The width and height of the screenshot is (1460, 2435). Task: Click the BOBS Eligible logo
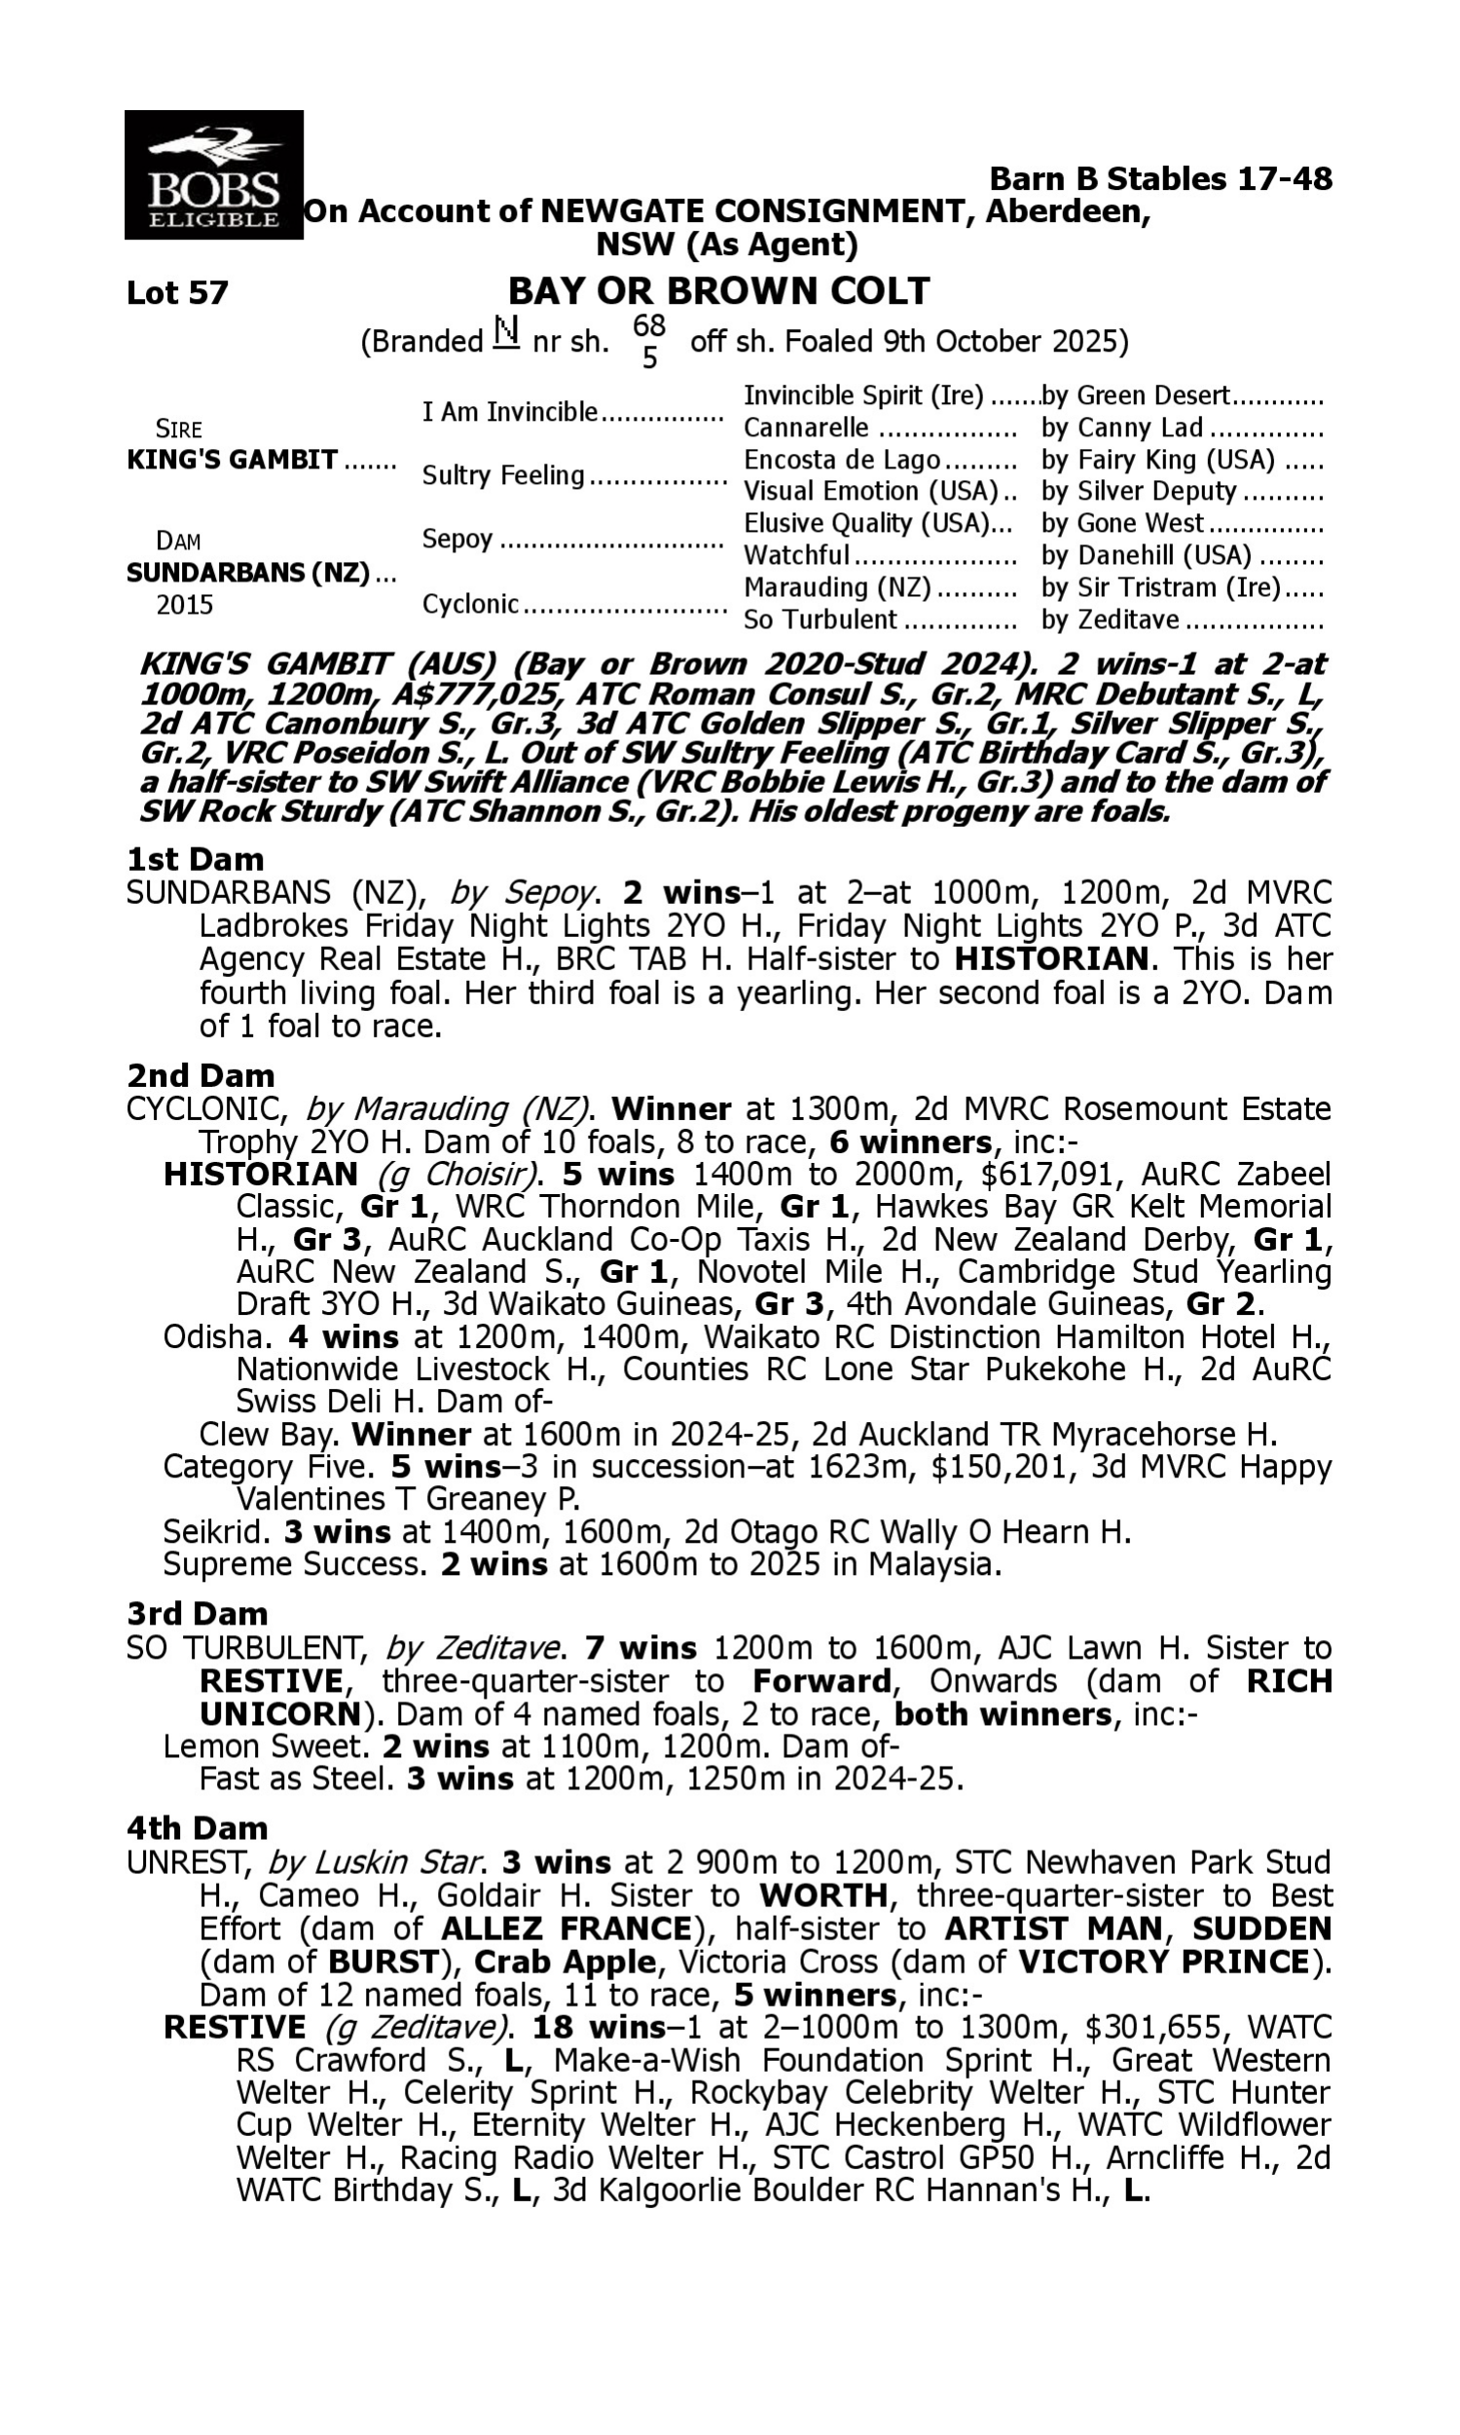coord(213,175)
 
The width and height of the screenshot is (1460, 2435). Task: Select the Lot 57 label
coord(177,293)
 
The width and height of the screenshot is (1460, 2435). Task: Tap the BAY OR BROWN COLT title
coord(718,291)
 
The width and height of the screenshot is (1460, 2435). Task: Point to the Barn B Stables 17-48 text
coord(1160,179)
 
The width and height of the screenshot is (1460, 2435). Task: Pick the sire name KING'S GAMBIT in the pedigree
coord(233,460)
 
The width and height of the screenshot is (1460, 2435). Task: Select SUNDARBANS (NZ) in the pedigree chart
coord(248,573)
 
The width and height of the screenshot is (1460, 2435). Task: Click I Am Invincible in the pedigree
coord(510,411)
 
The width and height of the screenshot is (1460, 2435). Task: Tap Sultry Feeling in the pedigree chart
coord(503,475)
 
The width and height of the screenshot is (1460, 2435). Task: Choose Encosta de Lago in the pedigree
coord(841,460)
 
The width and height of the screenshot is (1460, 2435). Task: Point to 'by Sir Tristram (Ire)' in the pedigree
coord(1161,587)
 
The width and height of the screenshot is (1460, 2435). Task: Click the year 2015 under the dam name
coord(185,604)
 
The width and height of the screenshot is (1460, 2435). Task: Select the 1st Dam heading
coord(195,859)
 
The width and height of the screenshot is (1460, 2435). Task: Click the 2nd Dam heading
coord(200,1074)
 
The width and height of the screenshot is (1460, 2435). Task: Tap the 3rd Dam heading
coord(197,1613)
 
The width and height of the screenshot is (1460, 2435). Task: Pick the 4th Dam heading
coord(197,1828)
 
